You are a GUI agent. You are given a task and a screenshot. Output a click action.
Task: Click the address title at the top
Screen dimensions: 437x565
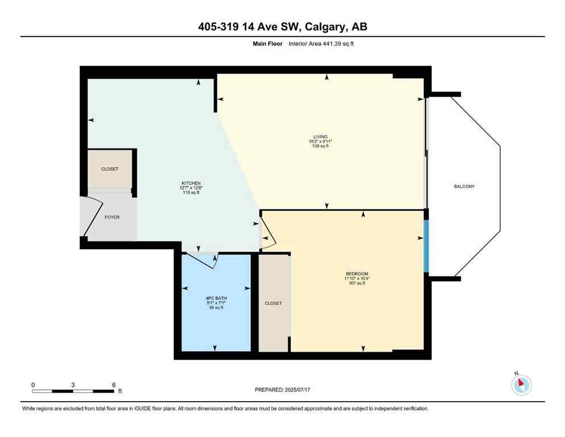click(282, 27)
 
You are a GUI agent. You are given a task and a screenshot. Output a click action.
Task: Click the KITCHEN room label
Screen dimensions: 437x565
click(189, 183)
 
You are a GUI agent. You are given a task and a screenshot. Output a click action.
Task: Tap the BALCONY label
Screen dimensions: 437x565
click(464, 187)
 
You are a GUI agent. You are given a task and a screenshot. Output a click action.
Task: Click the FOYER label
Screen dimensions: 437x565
click(112, 217)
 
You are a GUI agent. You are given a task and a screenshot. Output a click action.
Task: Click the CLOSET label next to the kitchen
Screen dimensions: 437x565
click(110, 169)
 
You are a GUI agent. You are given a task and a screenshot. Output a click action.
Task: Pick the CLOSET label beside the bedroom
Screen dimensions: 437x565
click(273, 303)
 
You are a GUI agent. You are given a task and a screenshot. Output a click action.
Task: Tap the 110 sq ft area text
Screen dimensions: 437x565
click(189, 193)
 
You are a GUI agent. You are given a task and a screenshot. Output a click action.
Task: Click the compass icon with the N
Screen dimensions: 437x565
click(521, 385)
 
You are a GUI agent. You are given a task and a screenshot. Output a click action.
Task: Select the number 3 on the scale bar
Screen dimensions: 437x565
click(73, 385)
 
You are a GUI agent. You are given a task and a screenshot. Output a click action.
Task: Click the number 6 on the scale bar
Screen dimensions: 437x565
click(114, 385)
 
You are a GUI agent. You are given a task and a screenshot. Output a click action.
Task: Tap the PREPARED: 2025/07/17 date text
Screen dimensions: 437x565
click(282, 390)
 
